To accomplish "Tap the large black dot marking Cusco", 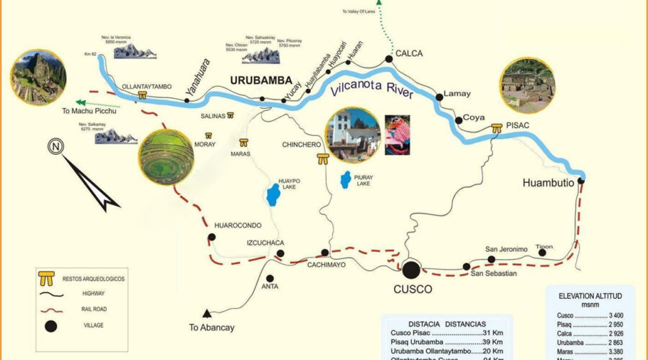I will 412,270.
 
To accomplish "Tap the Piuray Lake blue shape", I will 346,177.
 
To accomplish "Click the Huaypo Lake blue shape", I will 272,194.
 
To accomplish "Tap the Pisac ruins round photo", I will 528,86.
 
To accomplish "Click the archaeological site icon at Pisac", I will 497,129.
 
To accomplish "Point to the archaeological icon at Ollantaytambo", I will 143,95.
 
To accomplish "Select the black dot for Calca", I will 389,58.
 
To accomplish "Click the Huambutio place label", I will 548,183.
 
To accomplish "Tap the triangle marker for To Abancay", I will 207,313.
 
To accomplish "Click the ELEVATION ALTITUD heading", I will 590,296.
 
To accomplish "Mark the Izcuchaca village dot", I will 280,253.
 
